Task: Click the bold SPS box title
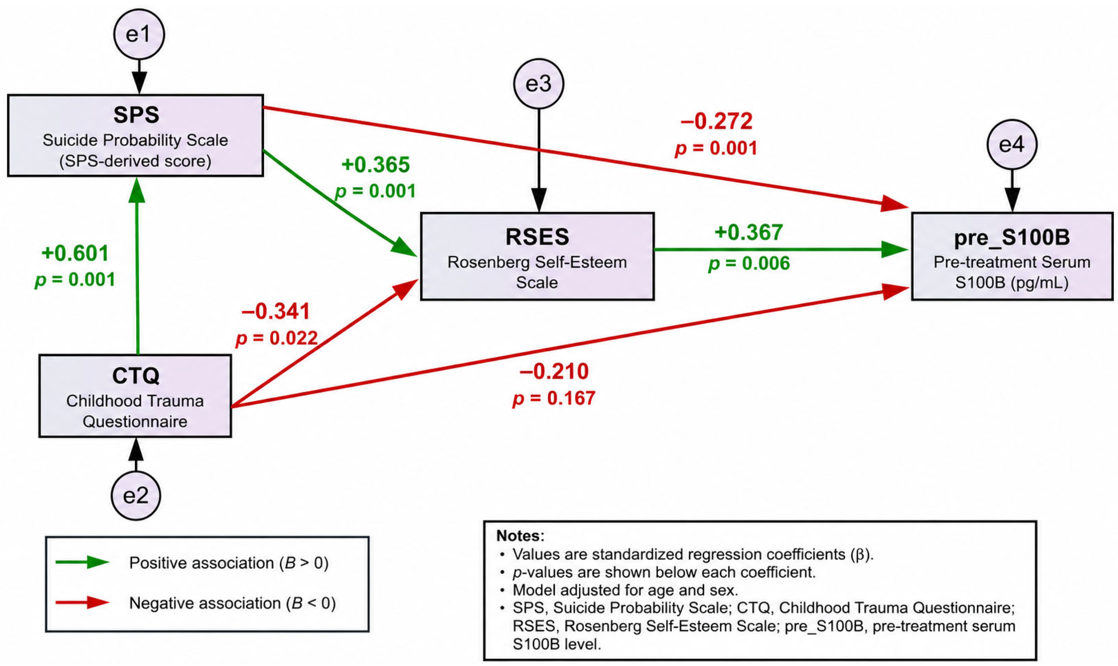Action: point(136,115)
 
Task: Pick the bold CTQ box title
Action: point(136,376)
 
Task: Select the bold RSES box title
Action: point(537,237)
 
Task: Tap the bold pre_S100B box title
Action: point(1012,237)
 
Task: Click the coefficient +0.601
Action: point(75,253)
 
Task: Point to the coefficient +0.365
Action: point(376,165)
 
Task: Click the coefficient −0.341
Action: point(276,311)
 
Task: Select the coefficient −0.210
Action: point(554,371)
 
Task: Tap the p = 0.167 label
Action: point(554,398)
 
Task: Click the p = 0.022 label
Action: point(277,338)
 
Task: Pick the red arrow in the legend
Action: point(82,603)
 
